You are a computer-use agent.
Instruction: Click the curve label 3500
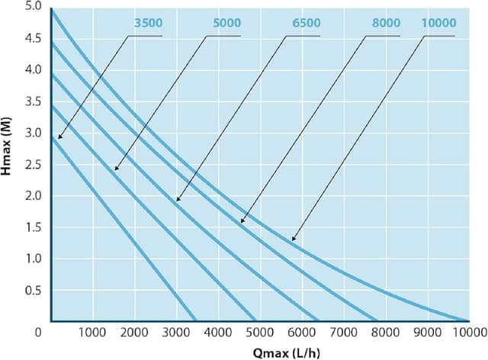pyautogui.click(x=147, y=24)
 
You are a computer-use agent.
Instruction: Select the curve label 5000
pyautogui.click(x=226, y=24)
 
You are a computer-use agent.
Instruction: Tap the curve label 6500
pyautogui.click(x=306, y=24)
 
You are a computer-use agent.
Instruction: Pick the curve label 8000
pyautogui.click(x=386, y=24)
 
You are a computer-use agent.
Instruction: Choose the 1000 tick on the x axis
pyautogui.click(x=92, y=333)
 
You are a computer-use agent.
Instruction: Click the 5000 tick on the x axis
pyautogui.click(x=260, y=333)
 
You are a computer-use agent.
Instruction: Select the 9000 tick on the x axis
pyautogui.click(x=428, y=333)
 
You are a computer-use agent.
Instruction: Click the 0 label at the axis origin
pyautogui.click(x=36, y=333)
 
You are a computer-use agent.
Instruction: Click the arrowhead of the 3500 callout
pyautogui.click(x=59, y=138)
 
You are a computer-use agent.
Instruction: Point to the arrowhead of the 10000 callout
pyautogui.click(x=293, y=240)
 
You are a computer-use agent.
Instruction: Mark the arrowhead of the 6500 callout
pyautogui.click(x=177, y=201)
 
